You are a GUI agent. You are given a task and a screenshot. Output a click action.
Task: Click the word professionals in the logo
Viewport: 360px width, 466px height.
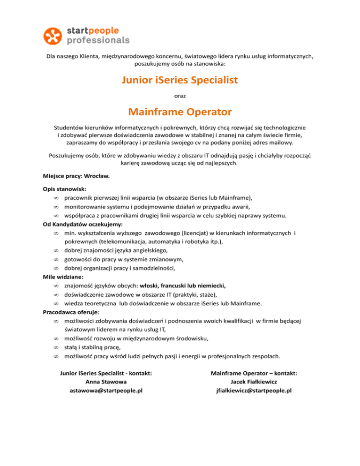click(98, 41)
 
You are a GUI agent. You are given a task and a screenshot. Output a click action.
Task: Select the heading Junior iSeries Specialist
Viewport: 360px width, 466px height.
click(180, 81)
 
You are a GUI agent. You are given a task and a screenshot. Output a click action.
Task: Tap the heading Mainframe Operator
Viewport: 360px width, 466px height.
click(180, 112)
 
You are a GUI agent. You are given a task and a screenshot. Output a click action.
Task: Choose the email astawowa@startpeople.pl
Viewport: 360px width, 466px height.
click(106, 391)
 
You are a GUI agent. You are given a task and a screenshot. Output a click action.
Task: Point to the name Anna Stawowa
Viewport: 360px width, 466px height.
click(106, 382)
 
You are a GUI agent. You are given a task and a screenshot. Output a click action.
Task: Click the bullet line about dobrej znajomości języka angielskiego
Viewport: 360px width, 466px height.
click(123, 250)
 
